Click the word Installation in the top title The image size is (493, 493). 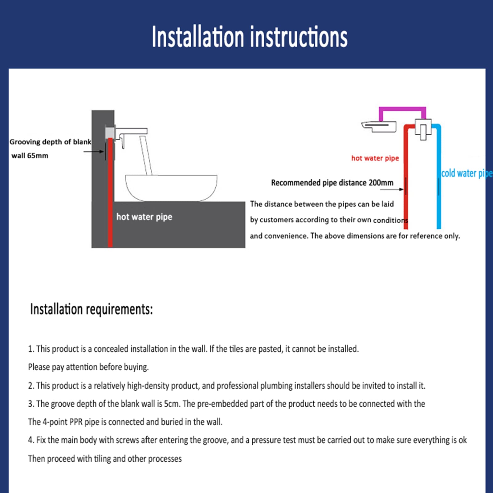coord(198,37)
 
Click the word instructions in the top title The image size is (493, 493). coord(299,37)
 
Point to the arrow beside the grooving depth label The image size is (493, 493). coord(94,151)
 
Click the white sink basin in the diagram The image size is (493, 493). coord(171,187)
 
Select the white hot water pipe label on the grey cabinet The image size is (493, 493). coord(144,217)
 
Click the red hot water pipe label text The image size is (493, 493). coord(375,158)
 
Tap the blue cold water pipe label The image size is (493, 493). coord(467,173)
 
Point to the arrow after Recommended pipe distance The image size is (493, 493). coord(392,189)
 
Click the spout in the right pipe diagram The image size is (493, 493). coord(379,126)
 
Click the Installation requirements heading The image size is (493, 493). coord(92,309)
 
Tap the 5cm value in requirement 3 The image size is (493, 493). coord(171,404)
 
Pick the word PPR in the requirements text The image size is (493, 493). coord(76,422)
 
